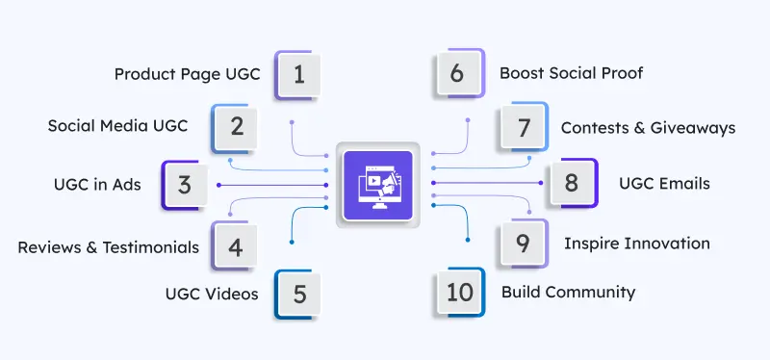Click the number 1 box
[298, 75]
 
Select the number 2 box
[236, 127]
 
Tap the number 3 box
[185, 184]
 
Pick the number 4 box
[236, 246]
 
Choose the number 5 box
[298, 294]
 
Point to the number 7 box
[523, 127]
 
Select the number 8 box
[572, 184]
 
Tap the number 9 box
[523, 244]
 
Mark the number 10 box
[460, 292]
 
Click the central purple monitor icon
[377, 184]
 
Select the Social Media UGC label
[117, 126]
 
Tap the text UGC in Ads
[97, 184]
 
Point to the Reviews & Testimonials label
[108, 247]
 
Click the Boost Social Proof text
[571, 73]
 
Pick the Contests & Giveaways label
[648, 127]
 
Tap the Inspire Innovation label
[636, 244]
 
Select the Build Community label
[568, 292]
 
